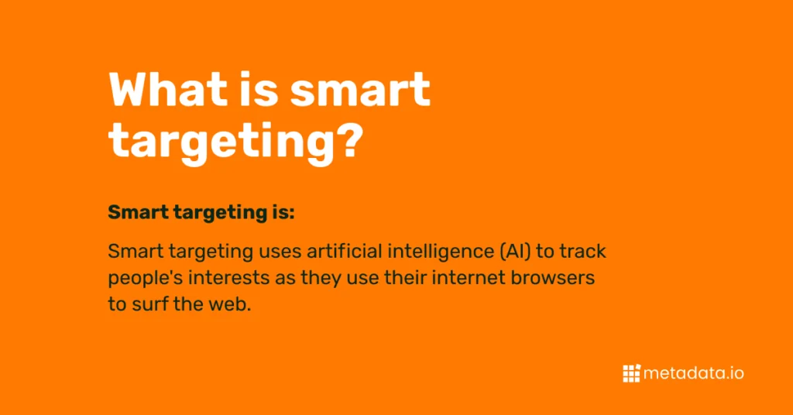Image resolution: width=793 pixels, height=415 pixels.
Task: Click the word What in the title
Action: [x=168, y=90]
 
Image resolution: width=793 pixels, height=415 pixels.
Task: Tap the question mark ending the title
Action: [x=348, y=139]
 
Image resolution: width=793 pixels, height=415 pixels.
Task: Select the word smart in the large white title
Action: [x=361, y=91]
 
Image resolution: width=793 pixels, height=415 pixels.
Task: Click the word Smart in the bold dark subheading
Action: [x=138, y=212]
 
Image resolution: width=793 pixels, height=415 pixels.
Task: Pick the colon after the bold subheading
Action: [x=292, y=214]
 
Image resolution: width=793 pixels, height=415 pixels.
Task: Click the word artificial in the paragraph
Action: [x=344, y=251]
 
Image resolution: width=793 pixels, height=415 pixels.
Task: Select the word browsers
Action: [x=553, y=278]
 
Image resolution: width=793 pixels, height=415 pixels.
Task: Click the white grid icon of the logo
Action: [x=631, y=373]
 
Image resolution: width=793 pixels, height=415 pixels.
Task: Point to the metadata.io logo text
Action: [x=694, y=373]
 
